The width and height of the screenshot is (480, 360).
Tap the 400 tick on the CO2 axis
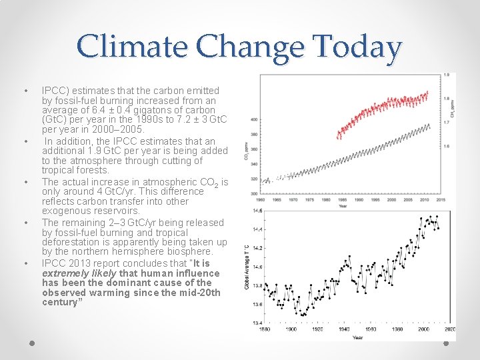[x=255, y=119]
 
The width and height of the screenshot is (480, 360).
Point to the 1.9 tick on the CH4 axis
[x=451, y=75]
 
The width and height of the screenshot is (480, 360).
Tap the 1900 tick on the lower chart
[x=291, y=329]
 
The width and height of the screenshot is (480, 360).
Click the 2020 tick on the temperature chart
[x=449, y=329]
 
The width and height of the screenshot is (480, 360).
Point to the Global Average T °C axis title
[x=247, y=267]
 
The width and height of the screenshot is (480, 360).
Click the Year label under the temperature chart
[x=357, y=337]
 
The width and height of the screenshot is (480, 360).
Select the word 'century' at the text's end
[x=59, y=302]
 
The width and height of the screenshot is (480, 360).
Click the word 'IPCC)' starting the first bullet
[x=53, y=90]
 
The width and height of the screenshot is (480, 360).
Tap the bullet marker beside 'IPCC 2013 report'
[x=25, y=263]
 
